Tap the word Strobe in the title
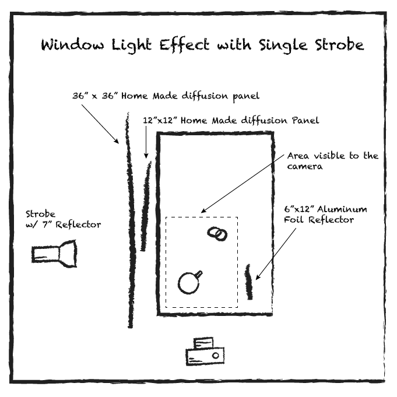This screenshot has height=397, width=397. [335, 45]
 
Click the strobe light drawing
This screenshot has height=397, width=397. [55, 255]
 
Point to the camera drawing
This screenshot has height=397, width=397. [205, 352]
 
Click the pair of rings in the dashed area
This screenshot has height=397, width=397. [217, 233]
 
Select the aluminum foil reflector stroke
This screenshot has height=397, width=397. [249, 282]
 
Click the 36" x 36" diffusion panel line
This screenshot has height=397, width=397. [129, 222]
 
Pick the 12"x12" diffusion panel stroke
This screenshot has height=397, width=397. [145, 207]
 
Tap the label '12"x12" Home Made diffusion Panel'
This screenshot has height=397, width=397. [231, 121]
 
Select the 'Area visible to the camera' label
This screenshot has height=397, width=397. [332, 160]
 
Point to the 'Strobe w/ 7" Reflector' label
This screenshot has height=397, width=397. [62, 219]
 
